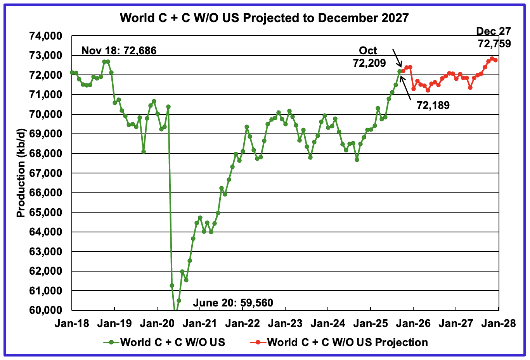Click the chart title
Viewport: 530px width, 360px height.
point(264,18)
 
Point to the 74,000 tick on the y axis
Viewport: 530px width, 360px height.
point(45,36)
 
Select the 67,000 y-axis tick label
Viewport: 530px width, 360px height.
point(45,173)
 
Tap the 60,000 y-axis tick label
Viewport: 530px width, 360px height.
point(45,310)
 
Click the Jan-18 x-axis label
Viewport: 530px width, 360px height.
point(72,324)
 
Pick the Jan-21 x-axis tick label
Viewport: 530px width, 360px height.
point(200,324)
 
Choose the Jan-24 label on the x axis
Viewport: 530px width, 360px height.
point(328,324)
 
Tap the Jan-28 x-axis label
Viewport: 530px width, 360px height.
point(499,324)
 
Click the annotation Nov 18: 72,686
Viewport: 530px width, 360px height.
point(119,50)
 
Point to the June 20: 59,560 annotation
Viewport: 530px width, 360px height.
point(233,303)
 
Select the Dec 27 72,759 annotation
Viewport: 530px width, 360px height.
point(494,37)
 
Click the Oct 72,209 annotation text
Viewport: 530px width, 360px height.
point(369,56)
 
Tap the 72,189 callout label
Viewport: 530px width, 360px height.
point(433,105)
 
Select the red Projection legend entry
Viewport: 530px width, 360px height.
point(340,342)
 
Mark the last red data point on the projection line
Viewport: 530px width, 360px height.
point(495,60)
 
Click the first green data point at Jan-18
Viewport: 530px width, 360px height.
point(72,73)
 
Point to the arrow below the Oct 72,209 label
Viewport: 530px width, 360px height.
point(397,58)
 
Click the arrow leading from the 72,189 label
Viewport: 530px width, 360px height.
point(406,86)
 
